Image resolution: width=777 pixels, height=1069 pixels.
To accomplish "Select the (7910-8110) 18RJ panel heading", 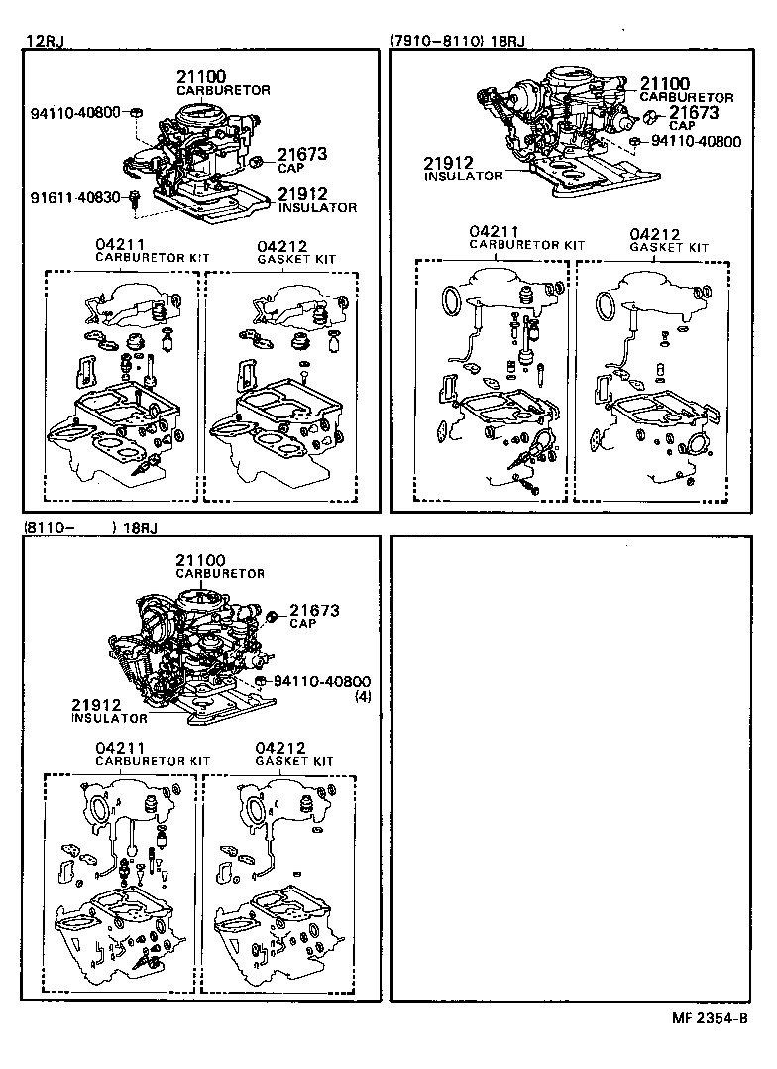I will (458, 41).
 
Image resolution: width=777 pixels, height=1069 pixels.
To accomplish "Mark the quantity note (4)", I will (363, 696).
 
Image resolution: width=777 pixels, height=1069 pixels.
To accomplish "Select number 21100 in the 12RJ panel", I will (202, 77).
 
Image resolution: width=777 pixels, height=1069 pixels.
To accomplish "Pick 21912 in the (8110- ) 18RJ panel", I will (96, 704).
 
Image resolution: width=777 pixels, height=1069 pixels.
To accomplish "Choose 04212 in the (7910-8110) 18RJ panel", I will (655, 233).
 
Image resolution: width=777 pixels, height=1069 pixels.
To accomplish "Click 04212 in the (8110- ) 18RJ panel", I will (279, 747).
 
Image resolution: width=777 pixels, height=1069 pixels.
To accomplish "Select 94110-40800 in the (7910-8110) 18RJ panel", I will (696, 142).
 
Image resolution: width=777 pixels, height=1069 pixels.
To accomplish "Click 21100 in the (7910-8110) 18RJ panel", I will (664, 84).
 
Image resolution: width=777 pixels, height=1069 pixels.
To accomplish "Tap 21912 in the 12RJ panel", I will (301, 194).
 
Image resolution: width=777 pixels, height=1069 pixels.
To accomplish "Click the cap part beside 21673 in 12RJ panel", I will (256, 161).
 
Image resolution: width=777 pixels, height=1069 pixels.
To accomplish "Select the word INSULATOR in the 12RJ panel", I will (317, 208).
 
